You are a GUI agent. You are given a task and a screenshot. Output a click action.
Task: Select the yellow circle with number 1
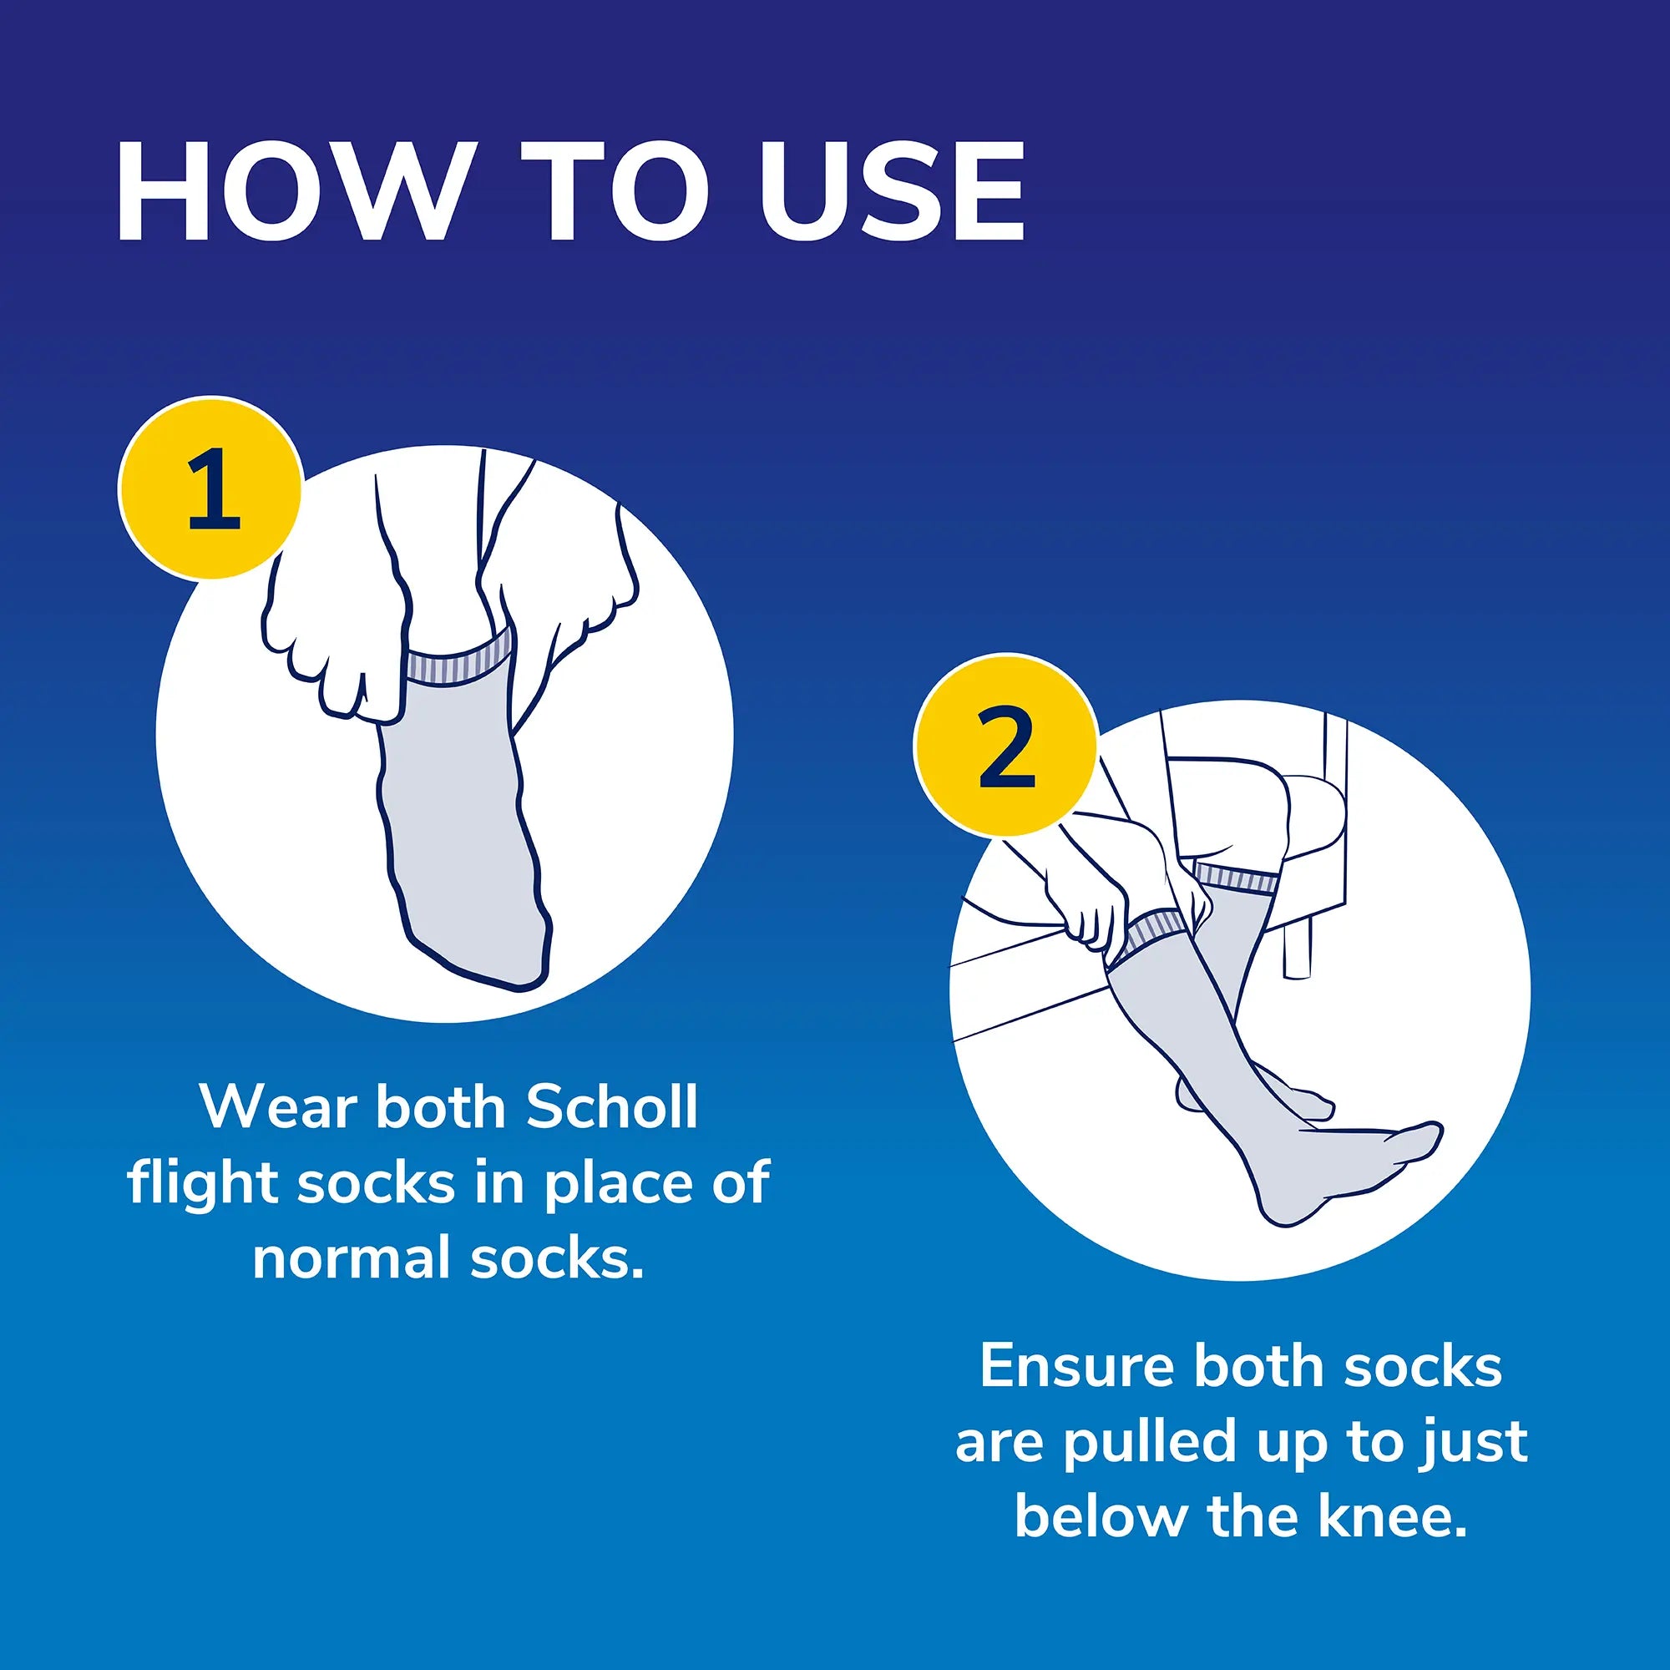pyautogui.click(x=211, y=489)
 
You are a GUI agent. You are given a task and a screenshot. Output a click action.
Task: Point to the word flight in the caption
pyautogui.click(x=204, y=1182)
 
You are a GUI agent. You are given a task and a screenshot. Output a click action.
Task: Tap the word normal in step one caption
pyautogui.click(x=352, y=1258)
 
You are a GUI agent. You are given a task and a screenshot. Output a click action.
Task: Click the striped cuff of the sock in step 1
pyautogui.click(x=459, y=660)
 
